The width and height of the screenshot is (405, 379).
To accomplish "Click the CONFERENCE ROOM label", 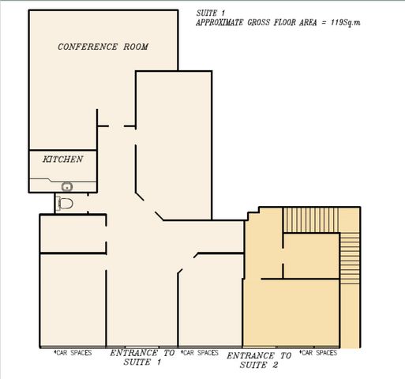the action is pos(103,47).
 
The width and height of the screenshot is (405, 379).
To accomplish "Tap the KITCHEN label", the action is pos(63,159).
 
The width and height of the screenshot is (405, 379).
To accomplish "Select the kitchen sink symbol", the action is pos(67,187).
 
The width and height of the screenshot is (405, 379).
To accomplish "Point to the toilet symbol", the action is pos(65,203).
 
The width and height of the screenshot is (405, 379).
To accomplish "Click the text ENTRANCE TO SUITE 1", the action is pos(142,358).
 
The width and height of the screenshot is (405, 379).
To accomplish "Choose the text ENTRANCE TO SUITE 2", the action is pos(259,360).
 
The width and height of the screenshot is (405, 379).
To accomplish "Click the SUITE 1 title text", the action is pos(211,13).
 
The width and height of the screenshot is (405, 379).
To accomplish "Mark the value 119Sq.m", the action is pos(346,22).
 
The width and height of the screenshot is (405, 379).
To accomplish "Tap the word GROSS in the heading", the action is pos(259,22).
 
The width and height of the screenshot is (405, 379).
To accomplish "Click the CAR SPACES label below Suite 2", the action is pos(318,353).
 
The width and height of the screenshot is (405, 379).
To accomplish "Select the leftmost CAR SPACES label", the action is pos(73,353).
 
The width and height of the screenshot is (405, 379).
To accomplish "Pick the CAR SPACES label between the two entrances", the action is pos(200,353).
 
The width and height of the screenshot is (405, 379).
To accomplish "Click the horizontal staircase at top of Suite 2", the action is pos(311,220).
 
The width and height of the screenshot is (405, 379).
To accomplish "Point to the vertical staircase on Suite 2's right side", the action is pos(350,258).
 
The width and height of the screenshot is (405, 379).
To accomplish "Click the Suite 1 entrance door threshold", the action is pos(142,347).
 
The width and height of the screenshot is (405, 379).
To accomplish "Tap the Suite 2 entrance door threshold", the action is pos(259,347).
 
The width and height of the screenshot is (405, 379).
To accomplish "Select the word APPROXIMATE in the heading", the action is pos(219,22).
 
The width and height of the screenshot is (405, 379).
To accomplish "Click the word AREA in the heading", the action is pos(308,22).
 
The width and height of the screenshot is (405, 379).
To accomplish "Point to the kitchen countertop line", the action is pos(62,180).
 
